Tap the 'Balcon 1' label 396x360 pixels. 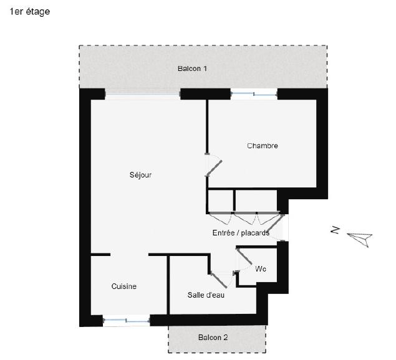coord(192,68)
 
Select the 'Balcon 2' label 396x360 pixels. coord(213,338)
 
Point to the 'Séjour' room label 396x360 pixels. coord(140,175)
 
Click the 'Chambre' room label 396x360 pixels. coord(262,146)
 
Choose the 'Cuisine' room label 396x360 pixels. coord(123,287)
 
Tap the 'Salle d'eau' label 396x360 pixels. coord(206,295)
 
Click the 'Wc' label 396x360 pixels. coord(261,269)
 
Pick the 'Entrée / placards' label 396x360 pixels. coord(241,232)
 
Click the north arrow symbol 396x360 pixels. coord(359,237)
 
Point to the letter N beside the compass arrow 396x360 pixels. coord(336,231)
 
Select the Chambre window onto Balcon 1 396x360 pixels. coord(254,94)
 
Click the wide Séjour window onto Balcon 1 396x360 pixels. coord(142,94)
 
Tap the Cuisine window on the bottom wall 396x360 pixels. coord(126,321)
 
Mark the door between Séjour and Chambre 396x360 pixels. coord(213,165)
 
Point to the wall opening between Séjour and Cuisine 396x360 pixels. coord(130,255)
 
